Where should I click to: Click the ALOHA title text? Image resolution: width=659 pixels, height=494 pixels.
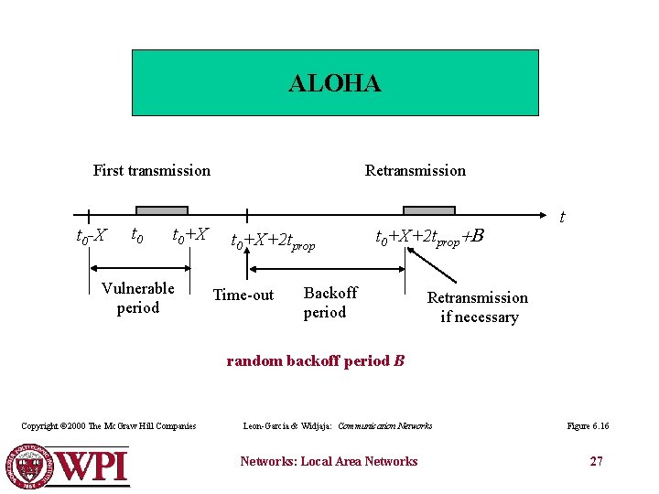(x=334, y=84)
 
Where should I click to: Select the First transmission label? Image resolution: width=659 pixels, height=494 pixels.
(x=151, y=170)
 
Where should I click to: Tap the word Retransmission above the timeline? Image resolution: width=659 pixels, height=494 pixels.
(x=415, y=170)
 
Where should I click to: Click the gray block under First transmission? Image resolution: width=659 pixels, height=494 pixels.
(x=161, y=210)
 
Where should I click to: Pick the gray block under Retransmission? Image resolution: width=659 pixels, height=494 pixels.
(x=428, y=210)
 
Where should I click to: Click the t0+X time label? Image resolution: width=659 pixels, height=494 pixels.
(x=190, y=235)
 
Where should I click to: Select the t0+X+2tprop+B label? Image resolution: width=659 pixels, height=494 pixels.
(x=428, y=237)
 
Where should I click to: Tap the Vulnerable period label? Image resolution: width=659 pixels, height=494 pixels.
(x=138, y=298)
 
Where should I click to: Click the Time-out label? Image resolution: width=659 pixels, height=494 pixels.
(x=243, y=295)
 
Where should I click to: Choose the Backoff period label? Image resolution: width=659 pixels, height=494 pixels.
(x=329, y=303)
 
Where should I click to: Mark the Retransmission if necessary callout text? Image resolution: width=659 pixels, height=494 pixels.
(x=478, y=307)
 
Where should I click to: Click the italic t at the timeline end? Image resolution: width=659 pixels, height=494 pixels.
(x=561, y=218)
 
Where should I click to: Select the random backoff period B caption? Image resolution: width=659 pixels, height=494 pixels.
(x=315, y=360)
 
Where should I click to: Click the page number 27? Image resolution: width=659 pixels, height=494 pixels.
(x=596, y=461)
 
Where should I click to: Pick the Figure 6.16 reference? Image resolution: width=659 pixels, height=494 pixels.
(x=589, y=426)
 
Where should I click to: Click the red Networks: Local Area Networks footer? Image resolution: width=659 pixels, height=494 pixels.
(x=329, y=461)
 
